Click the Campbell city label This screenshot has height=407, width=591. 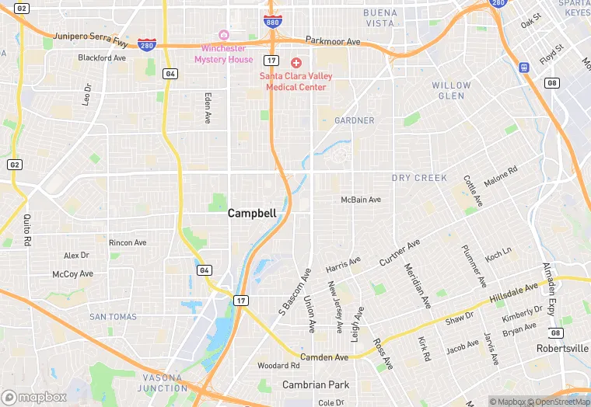point(251,213)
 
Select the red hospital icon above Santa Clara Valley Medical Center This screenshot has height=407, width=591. point(295,62)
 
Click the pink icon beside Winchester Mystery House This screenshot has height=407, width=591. point(224,35)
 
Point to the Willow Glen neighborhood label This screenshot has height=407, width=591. point(451,91)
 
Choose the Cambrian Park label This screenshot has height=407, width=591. point(316,384)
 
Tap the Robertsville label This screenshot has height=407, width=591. point(562,349)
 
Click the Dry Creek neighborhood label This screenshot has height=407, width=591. point(419,178)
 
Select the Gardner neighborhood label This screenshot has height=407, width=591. point(354,120)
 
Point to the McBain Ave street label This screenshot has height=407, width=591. point(361,200)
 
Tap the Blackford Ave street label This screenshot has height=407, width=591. point(102,57)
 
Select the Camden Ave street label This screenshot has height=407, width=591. point(324,357)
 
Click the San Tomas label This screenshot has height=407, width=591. point(113,317)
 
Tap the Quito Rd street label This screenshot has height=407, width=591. point(27,230)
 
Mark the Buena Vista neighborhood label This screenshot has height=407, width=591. point(379,18)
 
